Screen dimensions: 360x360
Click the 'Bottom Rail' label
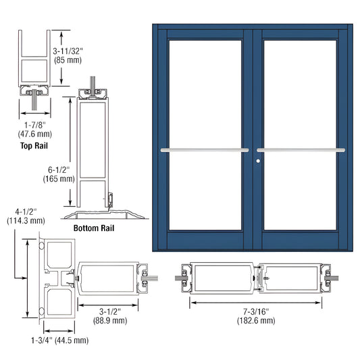point(93,228)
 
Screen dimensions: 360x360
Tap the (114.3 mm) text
point(26,220)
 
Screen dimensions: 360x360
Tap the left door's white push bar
point(204,149)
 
